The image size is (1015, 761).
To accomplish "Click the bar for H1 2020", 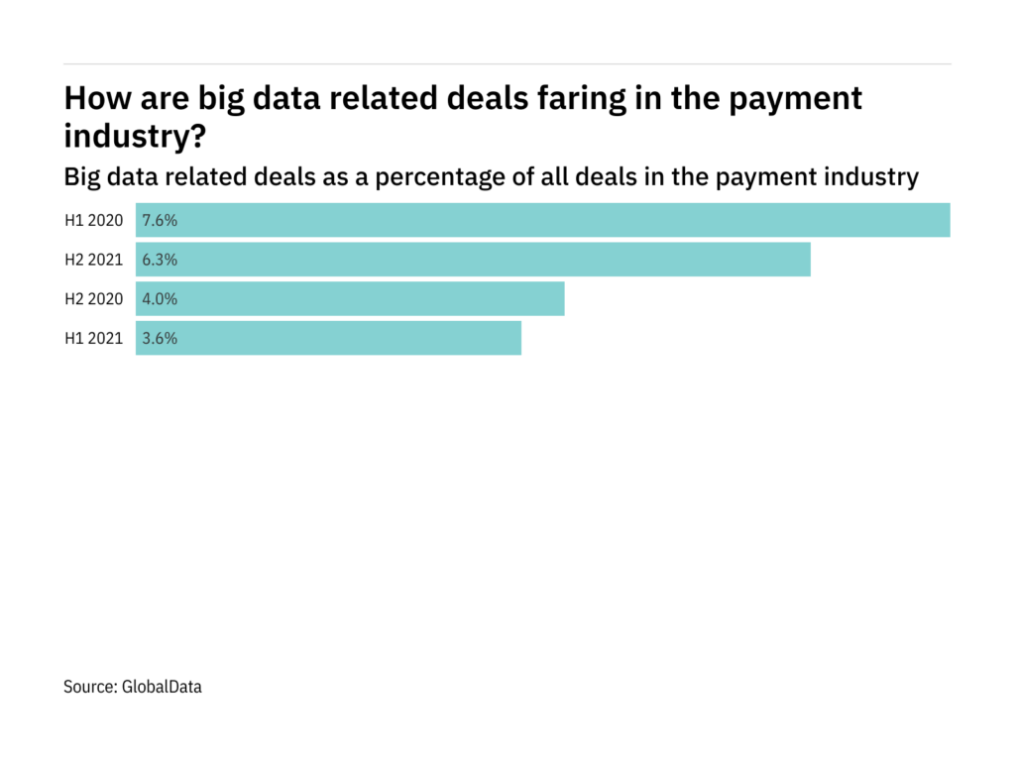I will [543, 220].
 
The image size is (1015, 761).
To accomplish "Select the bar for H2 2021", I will [473, 260].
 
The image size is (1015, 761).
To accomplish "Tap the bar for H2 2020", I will [350, 298].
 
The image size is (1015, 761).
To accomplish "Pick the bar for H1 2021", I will [328, 338].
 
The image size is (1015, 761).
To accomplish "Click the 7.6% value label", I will [160, 221].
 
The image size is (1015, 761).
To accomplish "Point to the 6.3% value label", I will [160, 260].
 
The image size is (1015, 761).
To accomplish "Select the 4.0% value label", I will [160, 299].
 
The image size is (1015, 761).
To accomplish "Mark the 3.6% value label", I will [160, 338].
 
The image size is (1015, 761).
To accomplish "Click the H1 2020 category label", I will [94, 221].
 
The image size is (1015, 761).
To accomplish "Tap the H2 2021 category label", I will [94, 260].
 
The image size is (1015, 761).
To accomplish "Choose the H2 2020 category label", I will [94, 299].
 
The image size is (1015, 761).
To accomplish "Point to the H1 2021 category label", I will [94, 338].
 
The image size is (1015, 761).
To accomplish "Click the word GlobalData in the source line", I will [164, 686].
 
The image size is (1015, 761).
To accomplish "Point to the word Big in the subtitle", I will [81, 177].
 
